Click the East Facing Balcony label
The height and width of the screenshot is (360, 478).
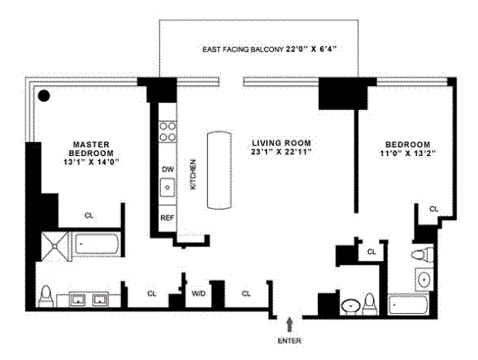(267, 49)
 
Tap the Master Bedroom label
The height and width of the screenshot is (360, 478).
(90, 147)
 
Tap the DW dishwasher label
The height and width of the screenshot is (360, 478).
(167, 170)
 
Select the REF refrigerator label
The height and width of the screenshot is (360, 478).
(167, 217)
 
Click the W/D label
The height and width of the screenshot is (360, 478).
(198, 294)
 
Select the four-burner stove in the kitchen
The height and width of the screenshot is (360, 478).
(168, 131)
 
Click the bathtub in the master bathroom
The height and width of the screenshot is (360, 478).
(96, 245)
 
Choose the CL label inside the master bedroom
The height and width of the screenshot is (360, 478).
(89, 215)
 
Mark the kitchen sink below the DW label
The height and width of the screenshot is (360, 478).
(167, 188)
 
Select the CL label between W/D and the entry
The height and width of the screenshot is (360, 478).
(246, 294)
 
